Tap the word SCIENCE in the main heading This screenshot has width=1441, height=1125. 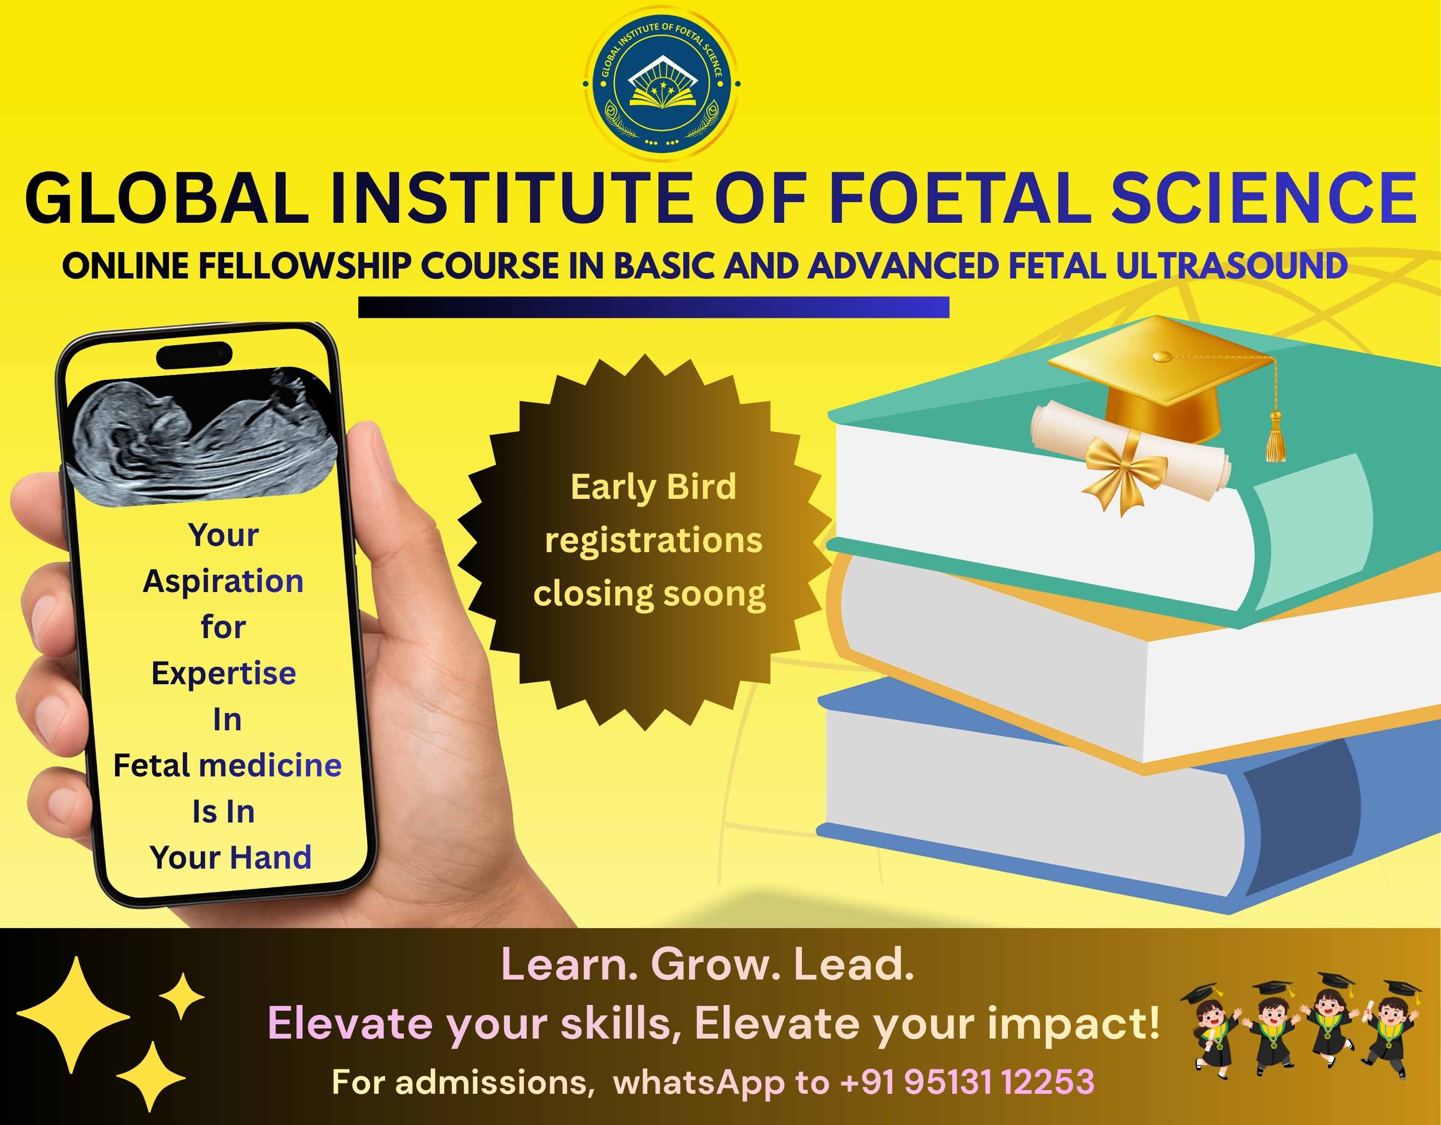[x=1264, y=197]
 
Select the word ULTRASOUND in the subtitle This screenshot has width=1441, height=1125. [x=1231, y=266]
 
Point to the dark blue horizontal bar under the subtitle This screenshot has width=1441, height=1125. [x=653, y=307]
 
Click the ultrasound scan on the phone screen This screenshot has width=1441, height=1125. [x=201, y=437]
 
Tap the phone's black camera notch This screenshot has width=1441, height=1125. [x=194, y=356]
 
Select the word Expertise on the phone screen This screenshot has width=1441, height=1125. [x=224, y=674]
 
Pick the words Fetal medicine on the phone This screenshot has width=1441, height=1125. [x=228, y=765]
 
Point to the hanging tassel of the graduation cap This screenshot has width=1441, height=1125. [x=1275, y=435]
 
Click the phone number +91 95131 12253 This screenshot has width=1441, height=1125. [x=967, y=1082]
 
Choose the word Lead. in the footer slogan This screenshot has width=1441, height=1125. [x=854, y=965]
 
